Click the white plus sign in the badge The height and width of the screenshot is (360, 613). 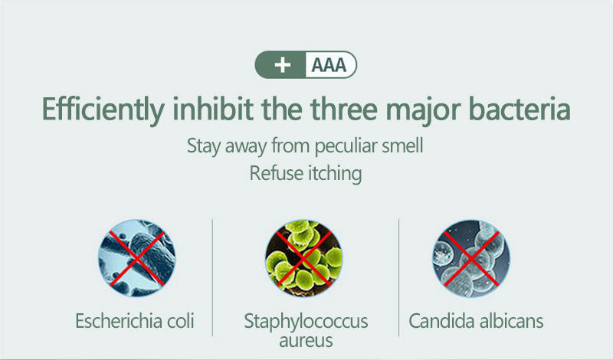[x=282, y=65]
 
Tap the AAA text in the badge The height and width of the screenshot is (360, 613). [x=329, y=65]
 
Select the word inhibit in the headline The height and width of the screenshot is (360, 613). [x=213, y=109]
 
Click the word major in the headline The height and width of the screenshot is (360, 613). [x=424, y=111]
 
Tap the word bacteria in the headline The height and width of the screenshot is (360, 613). [x=520, y=109]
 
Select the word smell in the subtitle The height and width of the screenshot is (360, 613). [x=403, y=146]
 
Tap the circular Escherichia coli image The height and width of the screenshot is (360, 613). [x=137, y=258]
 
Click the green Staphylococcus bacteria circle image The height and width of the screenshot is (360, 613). [x=304, y=258]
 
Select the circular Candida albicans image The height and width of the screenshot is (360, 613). [x=471, y=258]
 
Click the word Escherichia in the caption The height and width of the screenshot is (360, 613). [x=119, y=321]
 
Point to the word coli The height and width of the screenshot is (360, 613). [x=181, y=321]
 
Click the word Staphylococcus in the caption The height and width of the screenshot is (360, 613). [x=306, y=322]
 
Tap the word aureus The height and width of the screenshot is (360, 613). [x=306, y=341]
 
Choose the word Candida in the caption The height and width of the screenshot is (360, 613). [x=442, y=321]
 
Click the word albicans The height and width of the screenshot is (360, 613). [x=511, y=321]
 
